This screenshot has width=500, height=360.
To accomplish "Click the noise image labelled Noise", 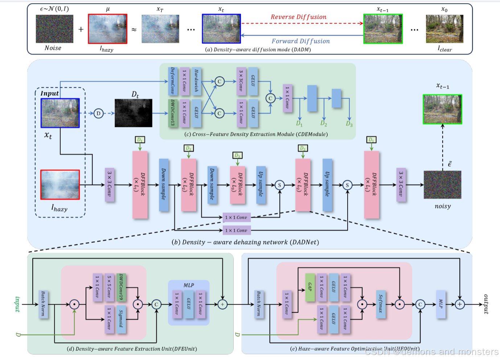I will tap(54, 29).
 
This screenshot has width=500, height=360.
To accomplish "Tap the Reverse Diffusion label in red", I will tap(298, 17).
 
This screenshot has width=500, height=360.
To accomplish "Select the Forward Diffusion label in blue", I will tap(300, 41).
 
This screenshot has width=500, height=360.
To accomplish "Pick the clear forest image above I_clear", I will tap(444, 29).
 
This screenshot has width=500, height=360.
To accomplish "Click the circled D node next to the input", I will tap(98, 113).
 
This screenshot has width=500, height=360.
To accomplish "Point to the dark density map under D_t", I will tap(133, 113).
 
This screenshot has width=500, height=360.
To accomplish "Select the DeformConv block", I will tap(172, 81).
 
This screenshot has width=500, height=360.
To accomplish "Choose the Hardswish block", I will tap(196, 81).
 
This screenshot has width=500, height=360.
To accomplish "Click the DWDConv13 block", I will tap(172, 113).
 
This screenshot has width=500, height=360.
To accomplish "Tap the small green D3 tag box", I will tap(237, 155).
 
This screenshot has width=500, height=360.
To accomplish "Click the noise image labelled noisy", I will tap(442, 185).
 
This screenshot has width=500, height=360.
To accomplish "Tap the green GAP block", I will tap(310, 287).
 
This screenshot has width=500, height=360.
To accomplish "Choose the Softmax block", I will tap(381, 304).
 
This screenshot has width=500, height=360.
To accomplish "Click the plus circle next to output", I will tap(460, 304).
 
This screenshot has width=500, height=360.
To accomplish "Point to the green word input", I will tap(17, 304).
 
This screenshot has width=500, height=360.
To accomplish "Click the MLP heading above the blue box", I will tap(189, 285).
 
